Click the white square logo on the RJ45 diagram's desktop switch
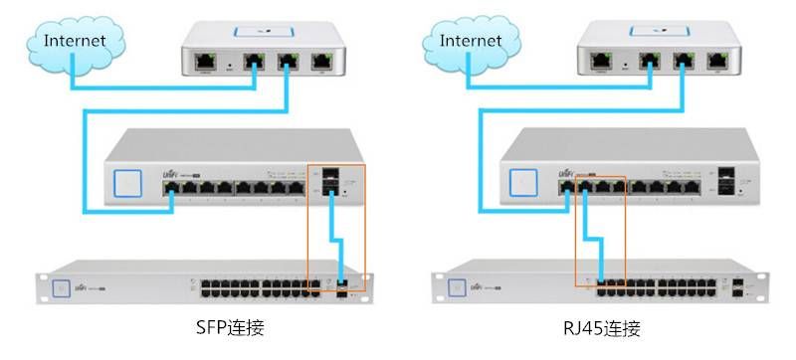(x=523, y=184)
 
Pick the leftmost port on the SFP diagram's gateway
(x=206, y=60)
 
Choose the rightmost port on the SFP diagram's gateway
(x=322, y=60)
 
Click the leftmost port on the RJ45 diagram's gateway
(x=601, y=60)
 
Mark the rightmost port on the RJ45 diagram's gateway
(x=717, y=60)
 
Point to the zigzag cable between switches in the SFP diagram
(x=337, y=239)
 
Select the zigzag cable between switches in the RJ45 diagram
(x=594, y=239)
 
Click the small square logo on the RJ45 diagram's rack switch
(x=457, y=286)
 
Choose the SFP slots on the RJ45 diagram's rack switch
(x=737, y=286)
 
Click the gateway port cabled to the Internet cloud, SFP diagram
(x=256, y=60)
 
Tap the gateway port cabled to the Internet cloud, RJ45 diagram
(x=651, y=60)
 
